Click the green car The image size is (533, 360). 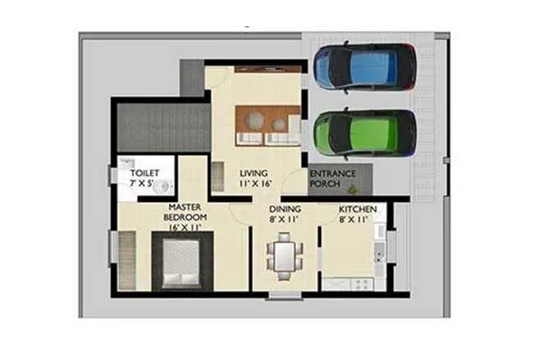point(364,133)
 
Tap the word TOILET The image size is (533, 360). point(144,174)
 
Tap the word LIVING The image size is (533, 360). point(253,174)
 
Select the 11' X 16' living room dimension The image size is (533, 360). point(254,185)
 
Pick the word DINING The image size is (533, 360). point(285,209)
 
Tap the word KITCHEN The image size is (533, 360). point(358,209)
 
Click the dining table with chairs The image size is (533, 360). point(284,255)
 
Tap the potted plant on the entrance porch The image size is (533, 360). point(353,189)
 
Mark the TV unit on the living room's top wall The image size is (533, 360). point(267,69)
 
